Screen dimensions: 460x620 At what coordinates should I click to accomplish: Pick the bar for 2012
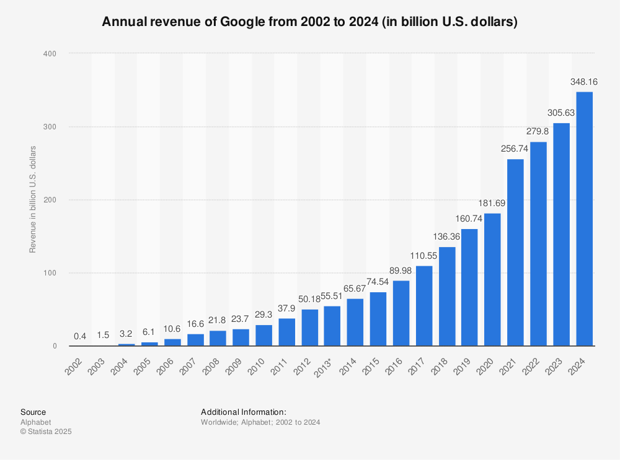click(309, 328)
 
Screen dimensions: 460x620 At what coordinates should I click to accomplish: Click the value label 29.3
click(263, 315)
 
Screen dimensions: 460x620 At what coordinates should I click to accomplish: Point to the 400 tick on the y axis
click(50, 54)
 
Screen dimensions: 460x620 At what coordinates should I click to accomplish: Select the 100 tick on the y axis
click(50, 273)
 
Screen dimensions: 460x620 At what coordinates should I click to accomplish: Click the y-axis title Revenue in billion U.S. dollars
click(33, 199)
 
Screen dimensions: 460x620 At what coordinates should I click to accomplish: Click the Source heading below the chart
click(33, 412)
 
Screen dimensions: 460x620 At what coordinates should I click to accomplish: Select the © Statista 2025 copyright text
click(46, 432)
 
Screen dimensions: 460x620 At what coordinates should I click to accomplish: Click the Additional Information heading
click(243, 412)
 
